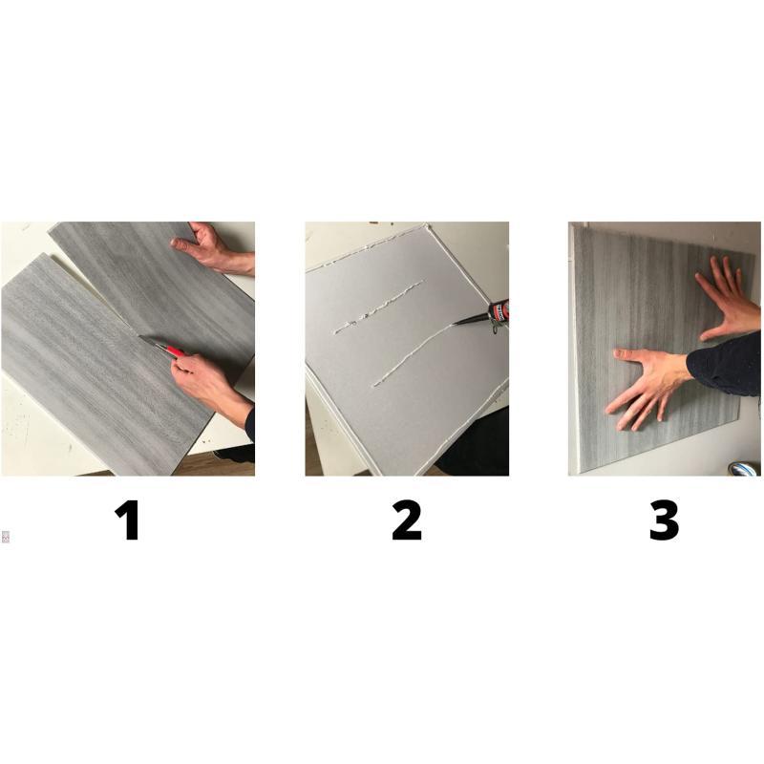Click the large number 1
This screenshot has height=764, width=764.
128,520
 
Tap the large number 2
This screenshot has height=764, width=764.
407,520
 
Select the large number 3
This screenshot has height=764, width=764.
664,520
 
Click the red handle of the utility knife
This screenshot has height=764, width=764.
175,350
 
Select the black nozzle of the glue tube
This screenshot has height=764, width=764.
470,320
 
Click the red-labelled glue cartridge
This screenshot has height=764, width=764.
499,312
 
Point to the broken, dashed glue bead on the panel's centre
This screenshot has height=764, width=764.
378,308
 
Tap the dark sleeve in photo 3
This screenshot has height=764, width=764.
726,363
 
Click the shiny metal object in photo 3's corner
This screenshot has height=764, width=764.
744,469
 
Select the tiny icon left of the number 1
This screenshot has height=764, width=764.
6,537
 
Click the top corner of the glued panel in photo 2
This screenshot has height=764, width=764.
427,225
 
